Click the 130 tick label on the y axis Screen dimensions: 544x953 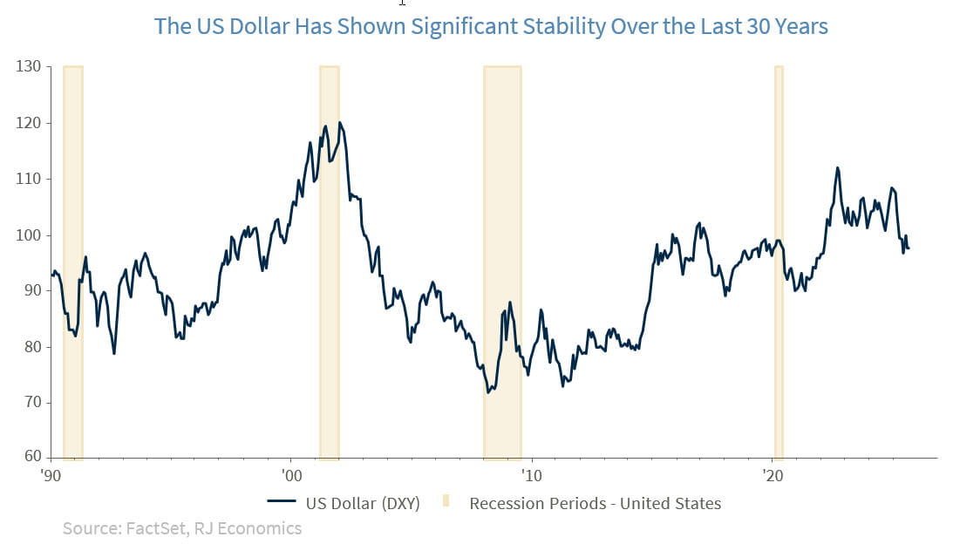pyautogui.click(x=28, y=66)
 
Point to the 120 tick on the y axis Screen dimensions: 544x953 pyautogui.click(x=28, y=123)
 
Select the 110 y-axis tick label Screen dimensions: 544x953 pyautogui.click(x=28, y=179)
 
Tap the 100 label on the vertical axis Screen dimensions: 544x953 pyautogui.click(x=28, y=235)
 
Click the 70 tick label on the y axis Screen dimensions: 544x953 pyautogui.click(x=31, y=403)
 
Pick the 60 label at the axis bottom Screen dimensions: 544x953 pyautogui.click(x=31, y=457)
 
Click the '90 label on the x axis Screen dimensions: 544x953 pyautogui.click(x=51, y=476)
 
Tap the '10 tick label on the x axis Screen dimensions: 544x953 pyautogui.click(x=531, y=476)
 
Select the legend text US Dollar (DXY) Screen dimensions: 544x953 pyautogui.click(x=363, y=503)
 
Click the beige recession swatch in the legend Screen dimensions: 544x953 pyautogui.click(x=446, y=503)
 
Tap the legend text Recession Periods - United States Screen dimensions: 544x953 pyautogui.click(x=596, y=503)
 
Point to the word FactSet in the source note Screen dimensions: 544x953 pyautogui.click(x=153, y=528)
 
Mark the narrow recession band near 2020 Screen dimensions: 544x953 pyautogui.click(x=779, y=262)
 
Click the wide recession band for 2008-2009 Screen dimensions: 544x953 pyautogui.click(x=502, y=262)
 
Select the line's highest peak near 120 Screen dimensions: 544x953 pyautogui.click(x=339, y=123)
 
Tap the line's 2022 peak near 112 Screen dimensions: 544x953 pyautogui.click(x=837, y=167)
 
